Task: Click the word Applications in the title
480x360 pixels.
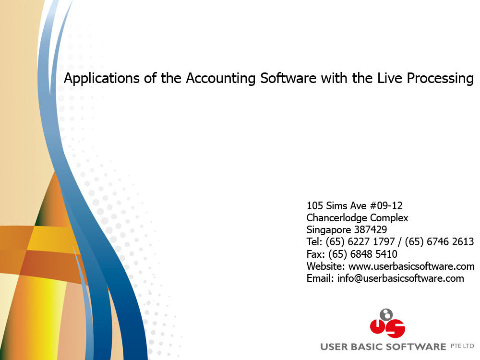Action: (102, 79)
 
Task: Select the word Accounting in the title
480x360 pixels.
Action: (220, 79)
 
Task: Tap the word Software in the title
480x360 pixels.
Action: (288, 78)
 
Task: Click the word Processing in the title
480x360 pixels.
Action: (440, 79)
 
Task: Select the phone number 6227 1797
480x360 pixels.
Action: (372, 242)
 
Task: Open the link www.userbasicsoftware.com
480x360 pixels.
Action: (411, 266)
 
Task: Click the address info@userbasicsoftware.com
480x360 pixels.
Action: (400, 278)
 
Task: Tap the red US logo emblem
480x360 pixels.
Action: (387, 328)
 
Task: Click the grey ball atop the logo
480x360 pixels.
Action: (386, 315)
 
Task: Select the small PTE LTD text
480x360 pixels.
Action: (462, 346)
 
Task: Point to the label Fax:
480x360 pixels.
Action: (316, 254)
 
